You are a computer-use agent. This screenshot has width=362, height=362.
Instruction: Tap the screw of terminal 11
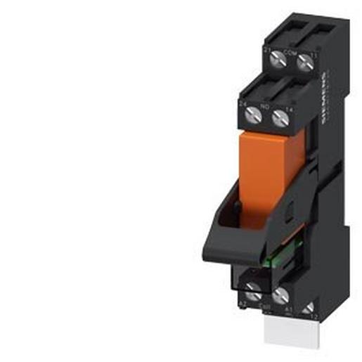tap(304, 64)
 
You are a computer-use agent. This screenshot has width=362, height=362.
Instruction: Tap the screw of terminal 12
tap(307, 306)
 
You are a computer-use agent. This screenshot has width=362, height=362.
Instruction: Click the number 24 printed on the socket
tap(243, 103)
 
